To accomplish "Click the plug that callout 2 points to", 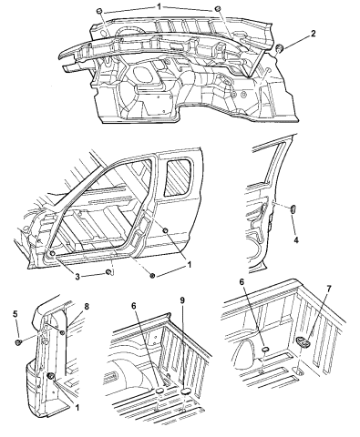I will [281, 47].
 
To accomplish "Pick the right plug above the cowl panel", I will [219, 11].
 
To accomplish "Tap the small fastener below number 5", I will [18, 342].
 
